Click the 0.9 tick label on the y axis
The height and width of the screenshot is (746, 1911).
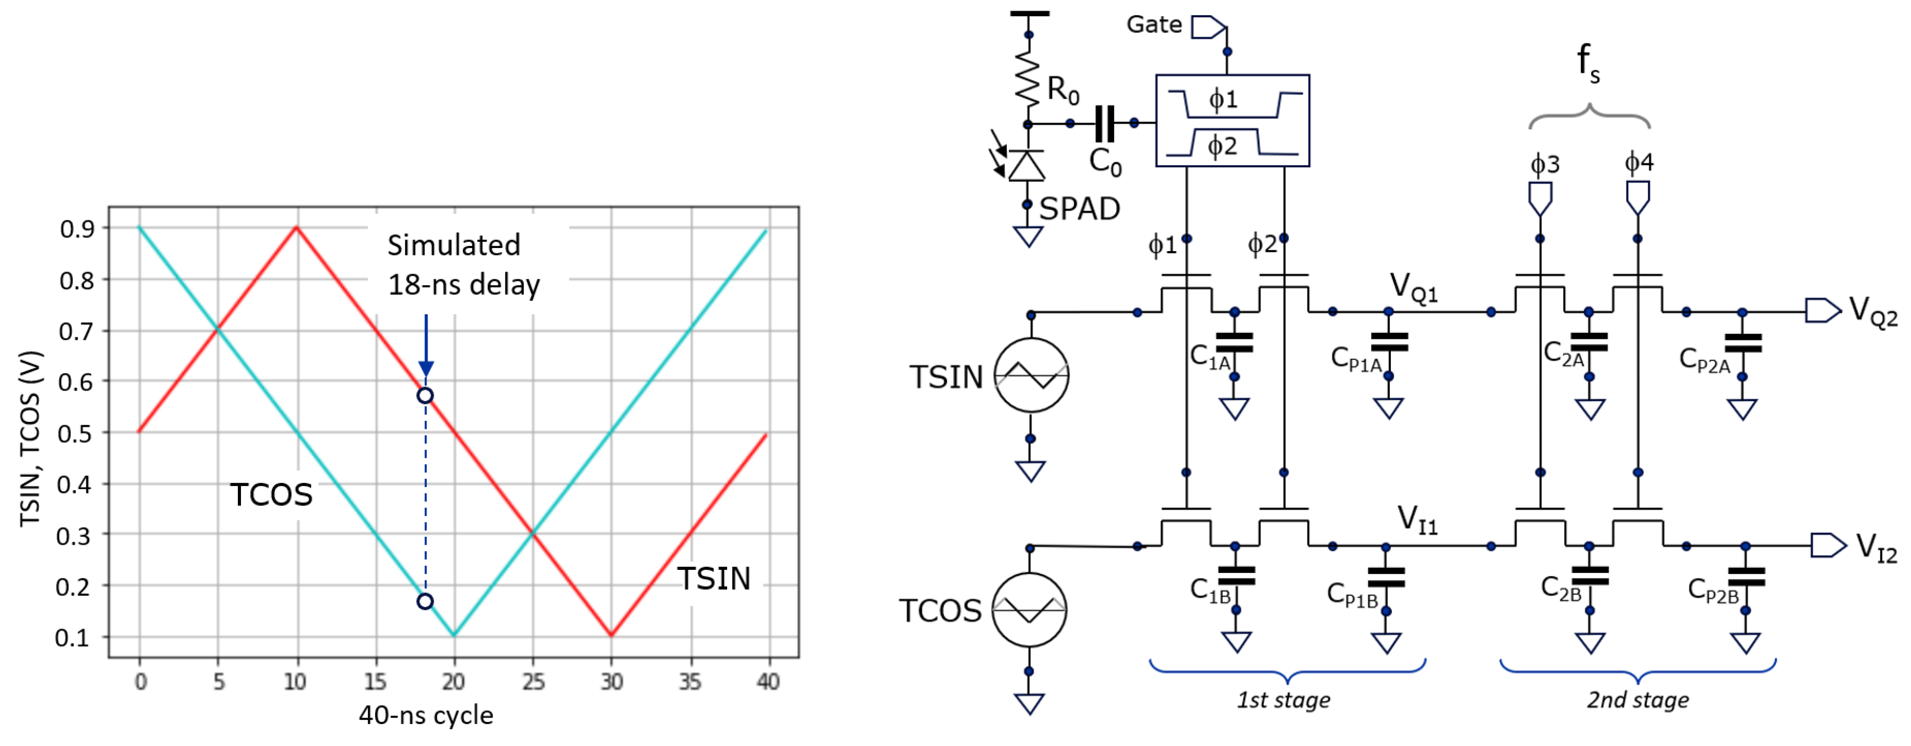[77, 229]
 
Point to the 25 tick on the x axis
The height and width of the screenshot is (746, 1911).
[533, 682]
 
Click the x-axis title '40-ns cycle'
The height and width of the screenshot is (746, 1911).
[426, 716]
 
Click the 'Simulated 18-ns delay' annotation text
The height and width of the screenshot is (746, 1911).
[463, 265]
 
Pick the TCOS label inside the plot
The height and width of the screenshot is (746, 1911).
[271, 495]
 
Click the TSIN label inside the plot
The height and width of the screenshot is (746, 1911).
[713, 578]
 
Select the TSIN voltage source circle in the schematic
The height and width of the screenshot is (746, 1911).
[1030, 375]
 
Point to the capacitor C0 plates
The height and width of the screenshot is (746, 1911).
[1105, 123]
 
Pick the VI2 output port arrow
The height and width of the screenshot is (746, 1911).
[1827, 546]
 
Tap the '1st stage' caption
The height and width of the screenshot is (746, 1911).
[1283, 700]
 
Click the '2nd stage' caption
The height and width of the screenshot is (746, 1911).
[1637, 700]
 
